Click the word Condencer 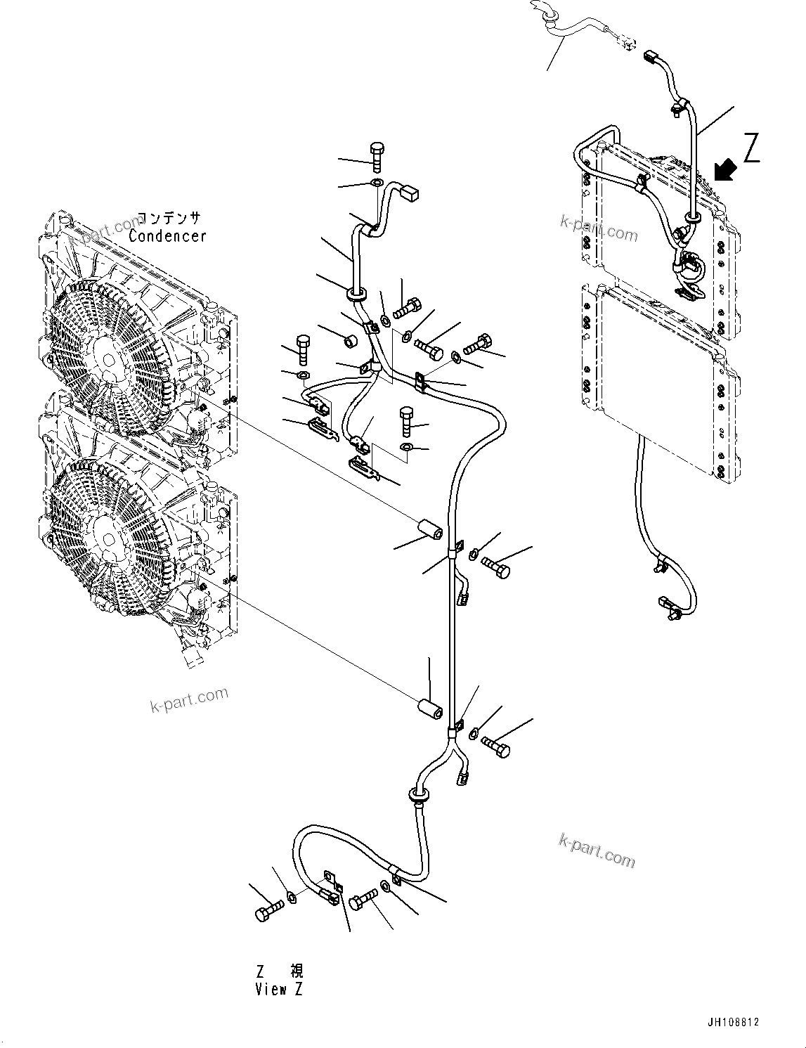pos(167,236)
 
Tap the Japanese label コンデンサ pos(168,219)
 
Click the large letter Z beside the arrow pos(751,148)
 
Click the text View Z pos(279,990)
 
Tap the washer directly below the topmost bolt pos(377,184)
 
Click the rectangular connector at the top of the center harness pos(410,190)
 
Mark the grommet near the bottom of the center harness pos(419,796)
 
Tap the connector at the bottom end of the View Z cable pos(668,607)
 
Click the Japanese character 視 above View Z pos(297,972)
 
